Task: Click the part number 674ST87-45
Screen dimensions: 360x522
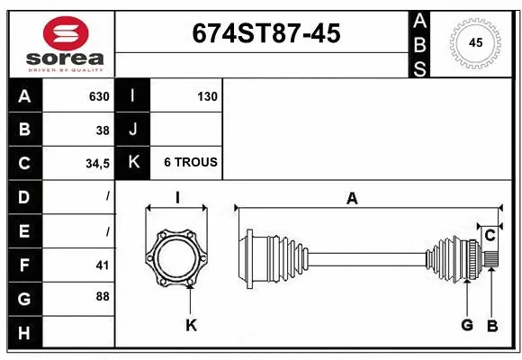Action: pos(265,33)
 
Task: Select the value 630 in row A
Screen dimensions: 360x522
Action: pos(99,96)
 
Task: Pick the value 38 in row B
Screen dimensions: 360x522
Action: pos(103,130)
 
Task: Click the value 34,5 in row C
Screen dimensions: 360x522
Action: pos(96,163)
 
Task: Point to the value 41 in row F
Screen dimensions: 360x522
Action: pos(103,265)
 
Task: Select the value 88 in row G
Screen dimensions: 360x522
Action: pos(103,296)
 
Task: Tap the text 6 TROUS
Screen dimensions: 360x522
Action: pos(190,163)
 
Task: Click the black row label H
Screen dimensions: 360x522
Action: pos(24,334)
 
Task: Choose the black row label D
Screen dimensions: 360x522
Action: pos(24,196)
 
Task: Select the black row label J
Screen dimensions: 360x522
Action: pos(133,130)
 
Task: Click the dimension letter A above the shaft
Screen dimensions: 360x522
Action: pos(352,199)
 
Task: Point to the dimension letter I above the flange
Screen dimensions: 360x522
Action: pos(177,199)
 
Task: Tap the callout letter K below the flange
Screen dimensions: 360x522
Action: pos(191,325)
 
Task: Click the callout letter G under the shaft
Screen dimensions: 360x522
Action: pos(467,325)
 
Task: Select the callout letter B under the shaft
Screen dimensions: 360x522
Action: pos(492,325)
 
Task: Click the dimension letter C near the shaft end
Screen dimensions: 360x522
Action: pos(490,236)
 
